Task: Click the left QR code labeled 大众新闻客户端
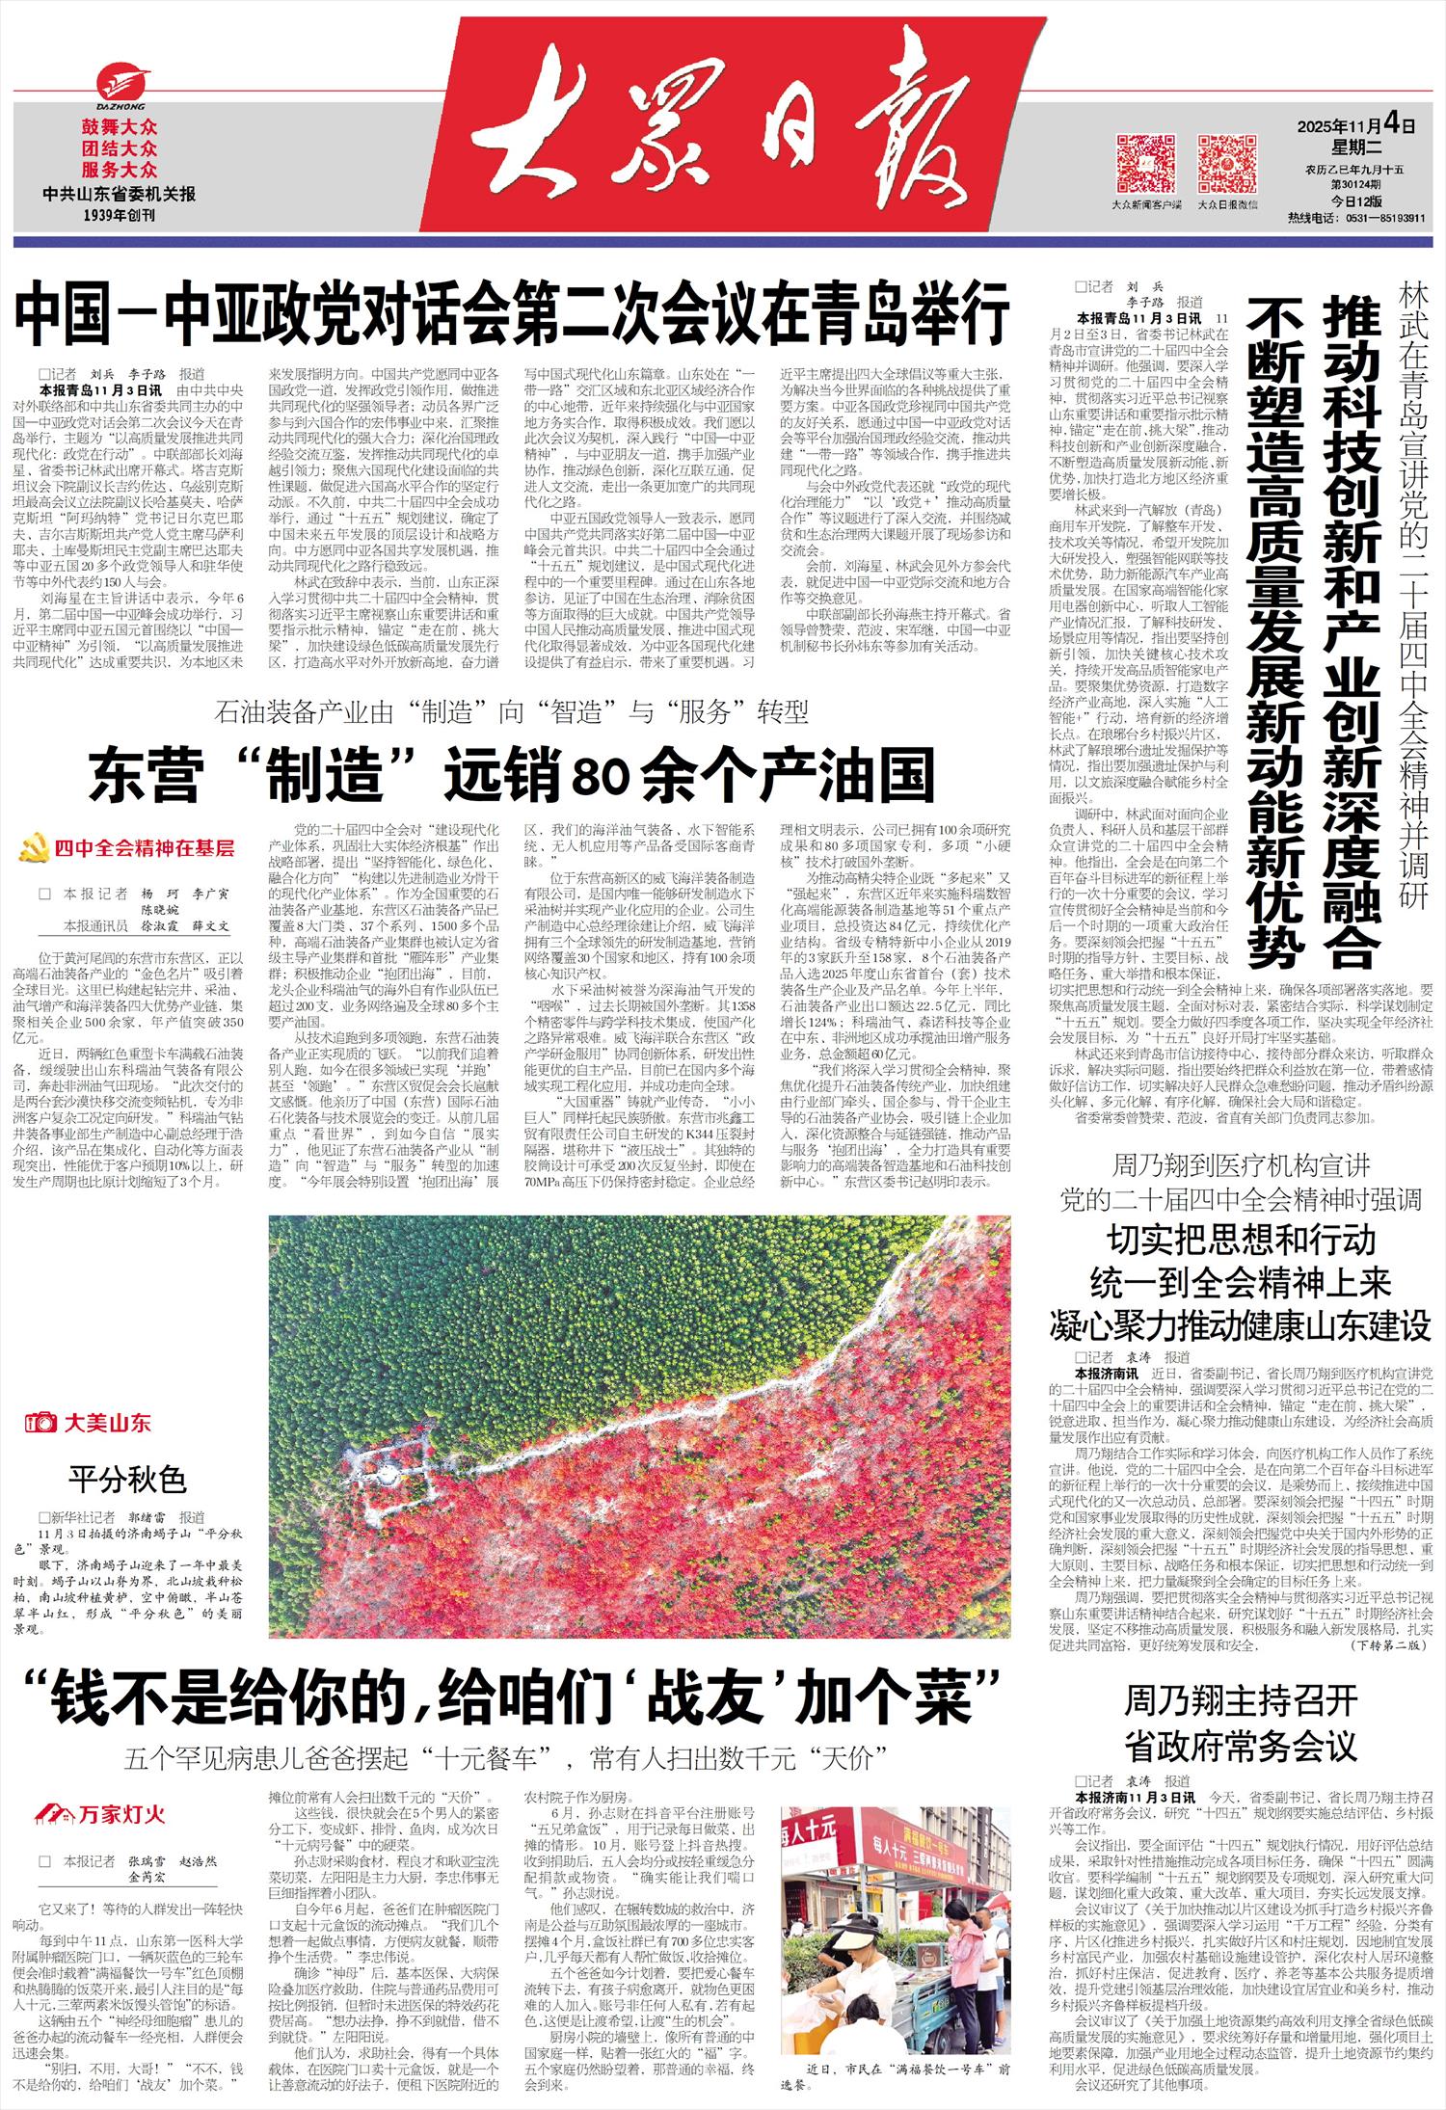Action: (1146, 165)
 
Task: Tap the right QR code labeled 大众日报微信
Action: (1227, 165)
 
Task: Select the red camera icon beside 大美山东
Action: (41, 1422)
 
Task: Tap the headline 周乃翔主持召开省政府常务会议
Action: (1241, 1723)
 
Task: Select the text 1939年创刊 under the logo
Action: (120, 215)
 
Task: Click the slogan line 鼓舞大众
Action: (120, 127)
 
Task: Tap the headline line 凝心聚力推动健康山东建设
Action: (1241, 1325)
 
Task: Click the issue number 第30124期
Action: (1357, 185)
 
